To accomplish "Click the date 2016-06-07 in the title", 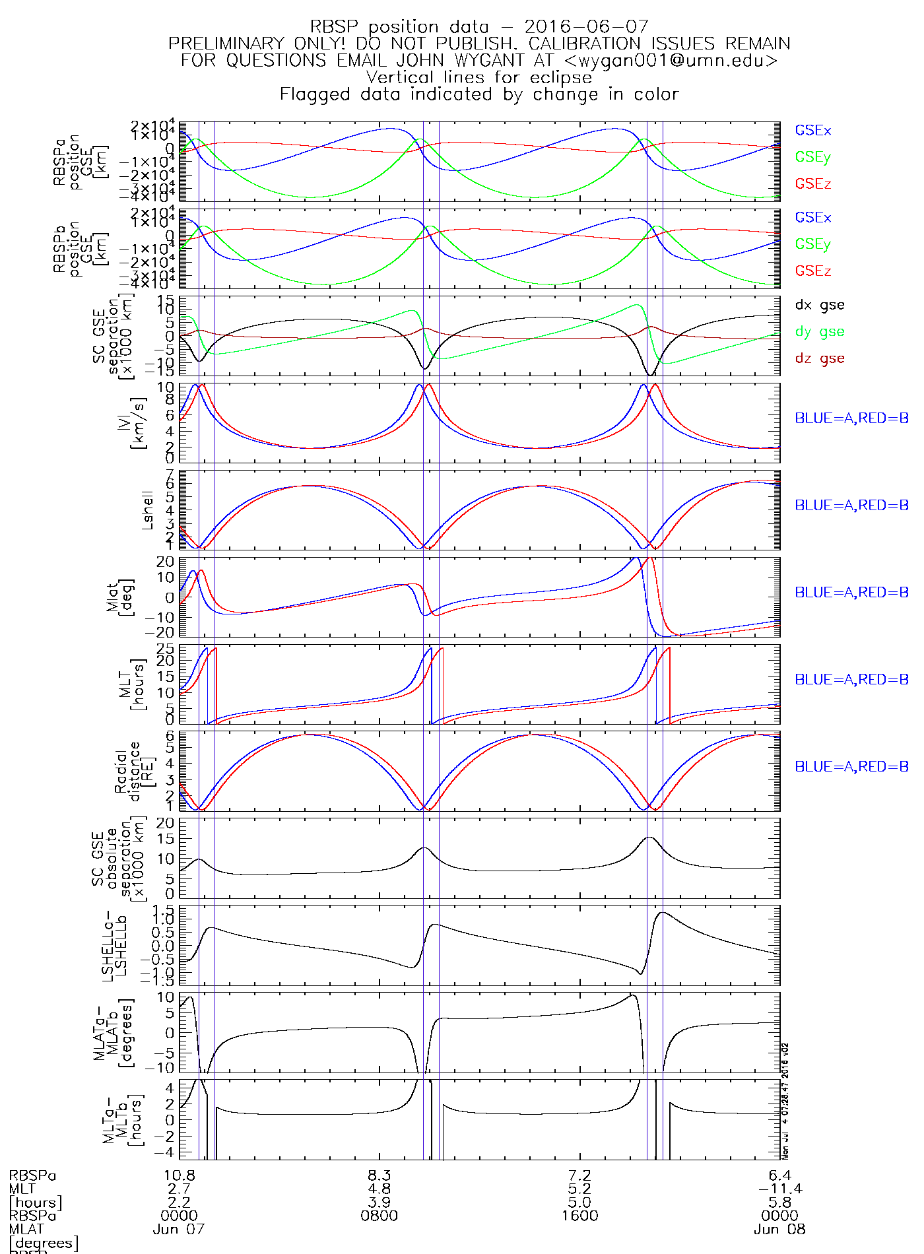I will point(586,27).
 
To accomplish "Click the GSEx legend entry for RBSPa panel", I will point(812,131).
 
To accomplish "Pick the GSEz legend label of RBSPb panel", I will point(812,271).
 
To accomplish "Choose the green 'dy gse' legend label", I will point(819,332).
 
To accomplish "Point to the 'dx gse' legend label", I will point(819,305).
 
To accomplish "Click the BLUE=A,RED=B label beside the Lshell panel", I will point(851,506).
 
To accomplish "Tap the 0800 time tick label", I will point(379,1216).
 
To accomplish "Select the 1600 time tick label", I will point(579,1216).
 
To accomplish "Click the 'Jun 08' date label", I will point(779,1230).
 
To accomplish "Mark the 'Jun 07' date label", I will point(179,1230).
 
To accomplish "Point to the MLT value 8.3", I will point(379,1175).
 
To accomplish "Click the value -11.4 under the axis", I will point(779,1189).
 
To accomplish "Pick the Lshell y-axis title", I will point(147,510).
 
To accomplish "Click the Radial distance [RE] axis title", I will point(129,771).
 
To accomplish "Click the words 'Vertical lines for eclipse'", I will point(478,77).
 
